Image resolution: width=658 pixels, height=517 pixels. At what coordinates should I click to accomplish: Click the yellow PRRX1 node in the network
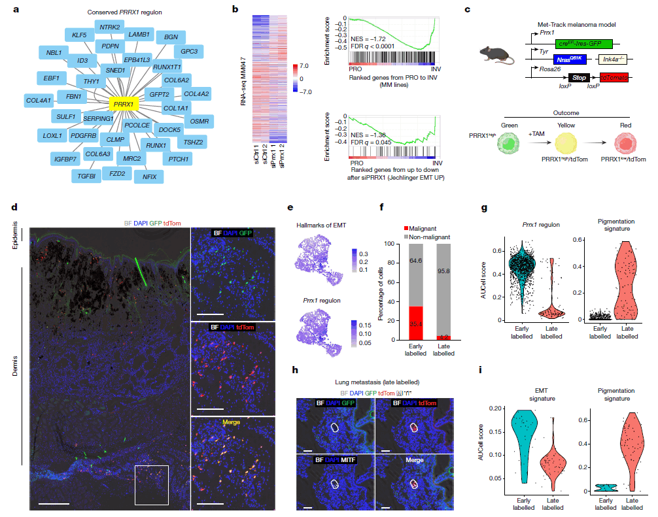tap(124, 104)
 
